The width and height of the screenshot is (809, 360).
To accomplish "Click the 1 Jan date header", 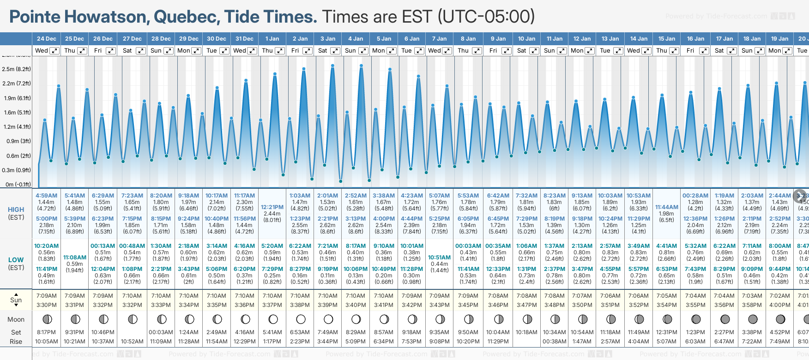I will pyautogui.click(x=272, y=39).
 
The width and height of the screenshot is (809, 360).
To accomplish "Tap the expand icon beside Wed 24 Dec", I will pyautogui.click(x=54, y=51).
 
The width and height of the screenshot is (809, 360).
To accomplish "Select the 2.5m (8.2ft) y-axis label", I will pyautogui.click(x=17, y=69).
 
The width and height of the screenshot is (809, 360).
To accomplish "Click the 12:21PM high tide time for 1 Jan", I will pyautogui.click(x=272, y=207).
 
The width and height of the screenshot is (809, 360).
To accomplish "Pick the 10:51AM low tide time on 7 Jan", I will pyautogui.click(x=439, y=258).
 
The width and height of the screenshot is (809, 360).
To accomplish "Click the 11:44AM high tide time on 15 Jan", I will pyautogui.click(x=667, y=207).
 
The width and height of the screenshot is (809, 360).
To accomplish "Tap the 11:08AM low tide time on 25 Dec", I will pyautogui.click(x=75, y=258).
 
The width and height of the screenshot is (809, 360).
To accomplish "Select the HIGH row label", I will pyautogui.click(x=16, y=210).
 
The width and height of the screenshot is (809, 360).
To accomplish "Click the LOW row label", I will pyautogui.click(x=16, y=260).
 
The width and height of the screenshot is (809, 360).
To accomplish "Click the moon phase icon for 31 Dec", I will pyautogui.click(x=245, y=319).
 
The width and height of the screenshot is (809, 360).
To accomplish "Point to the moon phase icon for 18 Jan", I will pyautogui.click(x=752, y=319).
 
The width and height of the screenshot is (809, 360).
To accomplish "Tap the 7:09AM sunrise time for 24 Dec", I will pyautogui.click(x=47, y=296).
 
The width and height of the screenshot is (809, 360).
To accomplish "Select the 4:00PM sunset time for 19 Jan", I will pyautogui.click(x=779, y=305).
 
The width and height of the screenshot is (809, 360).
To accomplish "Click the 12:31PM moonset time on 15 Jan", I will pyautogui.click(x=667, y=332).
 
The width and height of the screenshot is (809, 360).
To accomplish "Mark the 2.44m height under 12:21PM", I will pyautogui.click(x=272, y=214).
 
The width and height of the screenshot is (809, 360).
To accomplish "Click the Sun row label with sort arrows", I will pyautogui.click(x=16, y=300).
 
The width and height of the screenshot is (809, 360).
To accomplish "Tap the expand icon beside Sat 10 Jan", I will pyautogui.click(x=534, y=51).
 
